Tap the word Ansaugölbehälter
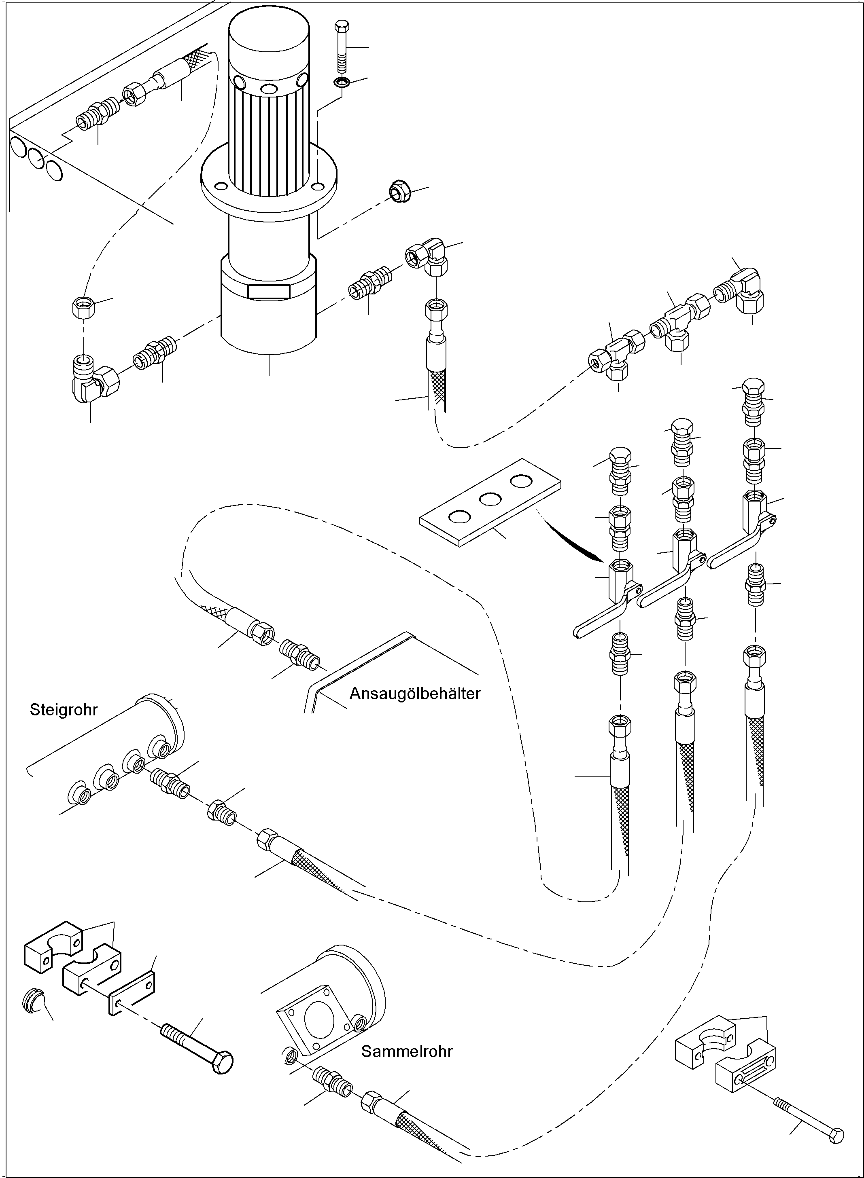point(414,694)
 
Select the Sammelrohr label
point(406,1051)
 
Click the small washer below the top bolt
point(342,82)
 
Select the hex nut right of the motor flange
point(400,191)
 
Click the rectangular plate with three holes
point(490,502)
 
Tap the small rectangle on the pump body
point(269,291)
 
